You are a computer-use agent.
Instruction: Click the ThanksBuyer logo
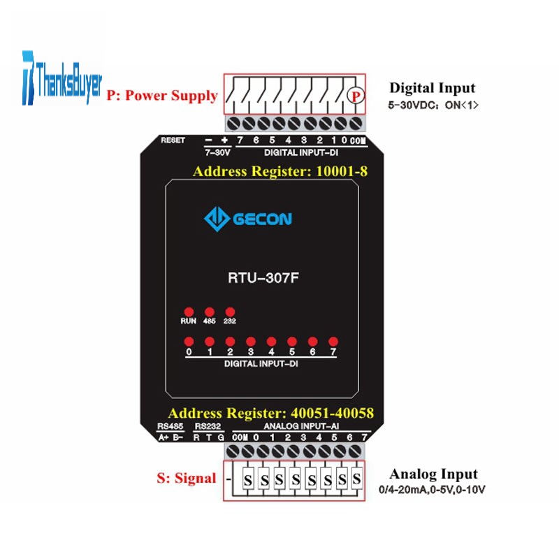tap(62, 78)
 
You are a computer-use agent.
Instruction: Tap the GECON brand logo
tap(248, 219)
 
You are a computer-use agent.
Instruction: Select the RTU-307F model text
tap(263, 277)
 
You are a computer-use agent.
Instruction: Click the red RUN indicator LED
tap(189, 312)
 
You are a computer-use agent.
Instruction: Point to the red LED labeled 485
tap(209, 312)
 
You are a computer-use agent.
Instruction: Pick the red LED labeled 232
tap(230, 312)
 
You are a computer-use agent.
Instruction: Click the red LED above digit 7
tap(333, 342)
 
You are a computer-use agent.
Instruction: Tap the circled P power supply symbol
tap(356, 96)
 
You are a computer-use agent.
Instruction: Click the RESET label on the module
tap(173, 140)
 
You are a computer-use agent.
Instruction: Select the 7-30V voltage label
tap(217, 152)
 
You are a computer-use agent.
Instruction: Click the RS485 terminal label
tap(170, 426)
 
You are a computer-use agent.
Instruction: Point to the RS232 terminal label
tap(208, 426)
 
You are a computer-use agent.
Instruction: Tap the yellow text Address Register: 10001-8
tap(280, 171)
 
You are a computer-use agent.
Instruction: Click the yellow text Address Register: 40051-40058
tap(271, 413)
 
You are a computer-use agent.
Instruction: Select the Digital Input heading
tap(433, 88)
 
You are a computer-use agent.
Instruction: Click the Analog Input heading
tap(433, 474)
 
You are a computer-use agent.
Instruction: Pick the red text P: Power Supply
tap(162, 96)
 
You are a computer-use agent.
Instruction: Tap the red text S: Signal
tap(187, 478)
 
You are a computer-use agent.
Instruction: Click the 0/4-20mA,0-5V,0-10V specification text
tap(432, 490)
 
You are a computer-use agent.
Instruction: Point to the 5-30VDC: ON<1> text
tap(433, 106)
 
